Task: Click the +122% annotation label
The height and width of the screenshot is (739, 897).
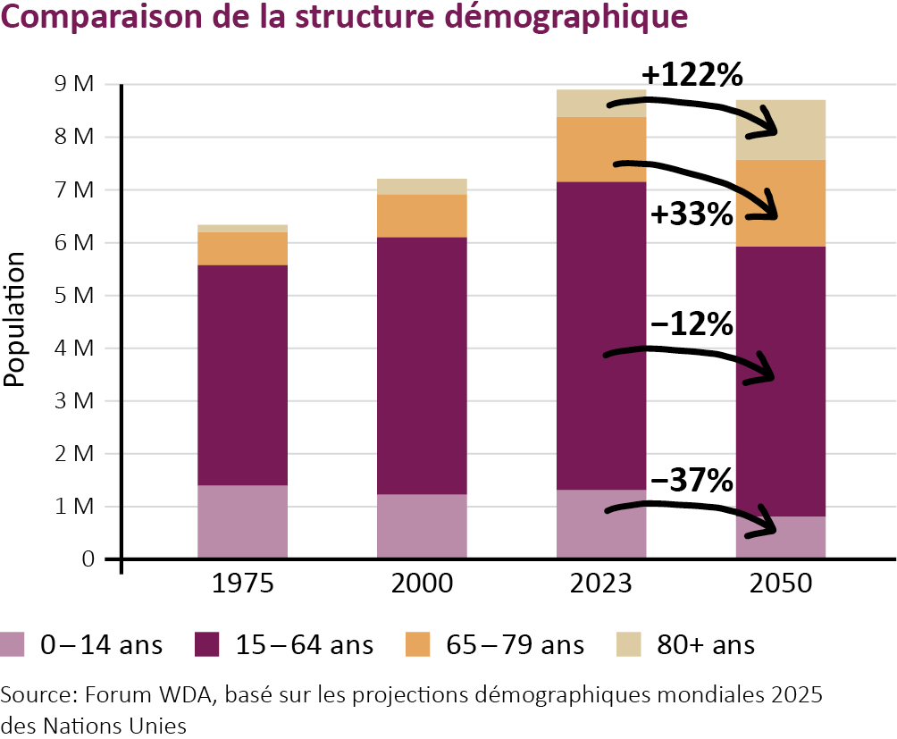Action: click(692, 75)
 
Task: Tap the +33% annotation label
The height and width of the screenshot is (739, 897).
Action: click(692, 214)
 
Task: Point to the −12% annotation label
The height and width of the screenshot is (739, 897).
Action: click(692, 324)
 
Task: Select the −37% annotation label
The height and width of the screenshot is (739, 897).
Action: click(692, 481)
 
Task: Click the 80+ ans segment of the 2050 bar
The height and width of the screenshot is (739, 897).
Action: click(779, 130)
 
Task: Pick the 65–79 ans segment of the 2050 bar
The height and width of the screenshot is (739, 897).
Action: click(779, 203)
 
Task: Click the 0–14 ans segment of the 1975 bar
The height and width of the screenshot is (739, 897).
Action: click(242, 522)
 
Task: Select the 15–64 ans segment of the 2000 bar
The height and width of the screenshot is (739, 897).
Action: click(422, 365)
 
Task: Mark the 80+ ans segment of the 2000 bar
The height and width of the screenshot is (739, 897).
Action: click(422, 187)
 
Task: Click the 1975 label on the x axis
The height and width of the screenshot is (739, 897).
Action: click(242, 585)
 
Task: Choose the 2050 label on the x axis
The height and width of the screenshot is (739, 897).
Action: click(779, 585)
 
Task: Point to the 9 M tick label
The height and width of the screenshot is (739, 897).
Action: click(73, 85)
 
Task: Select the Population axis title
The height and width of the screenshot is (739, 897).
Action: click(14, 320)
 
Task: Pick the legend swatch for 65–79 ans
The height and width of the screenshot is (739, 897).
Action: click(419, 644)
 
